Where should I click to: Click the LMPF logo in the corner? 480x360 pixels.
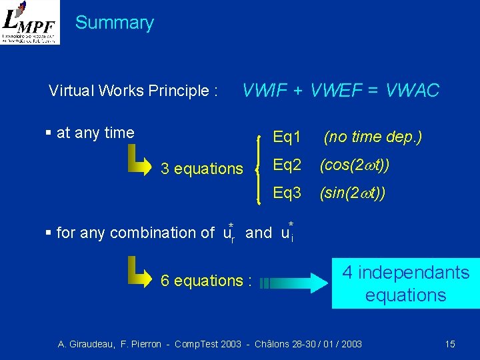[30, 22]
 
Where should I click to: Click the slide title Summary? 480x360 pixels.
[114, 23]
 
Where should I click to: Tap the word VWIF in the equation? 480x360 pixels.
[265, 90]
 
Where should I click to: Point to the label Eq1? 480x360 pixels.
[287, 137]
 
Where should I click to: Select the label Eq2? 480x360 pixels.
[287, 165]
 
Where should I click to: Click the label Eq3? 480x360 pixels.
[287, 193]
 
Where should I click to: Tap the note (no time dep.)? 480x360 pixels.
[373, 137]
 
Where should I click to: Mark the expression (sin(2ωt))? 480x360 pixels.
[352, 193]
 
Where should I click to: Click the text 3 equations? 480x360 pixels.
[202, 169]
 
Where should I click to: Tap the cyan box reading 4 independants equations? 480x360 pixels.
[405, 283]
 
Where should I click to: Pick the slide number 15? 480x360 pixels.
[450, 344]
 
